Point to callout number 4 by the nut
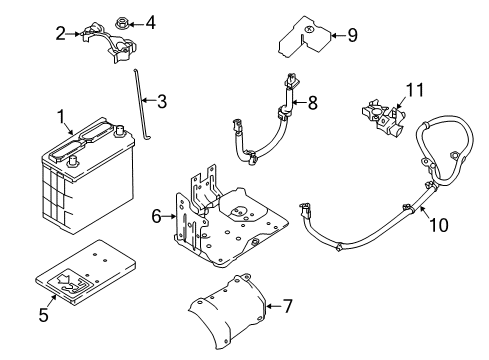150,21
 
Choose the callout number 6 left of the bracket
156,214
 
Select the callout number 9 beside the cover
351,36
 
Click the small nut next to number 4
124,21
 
